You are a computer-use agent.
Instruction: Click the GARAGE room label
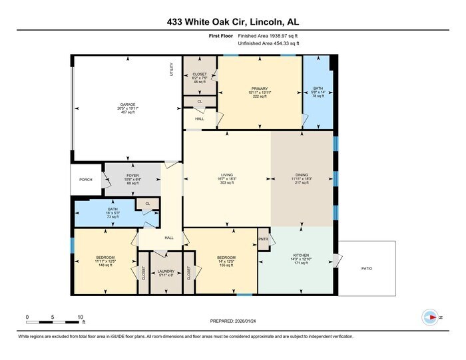point(127,104)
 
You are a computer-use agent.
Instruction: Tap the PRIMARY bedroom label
point(259,87)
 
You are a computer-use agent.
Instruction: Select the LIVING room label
point(227,174)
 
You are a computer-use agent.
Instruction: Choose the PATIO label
point(367,268)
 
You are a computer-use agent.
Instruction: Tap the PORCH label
point(86,179)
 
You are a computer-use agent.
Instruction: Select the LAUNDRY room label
point(166,271)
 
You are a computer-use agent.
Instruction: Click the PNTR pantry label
point(263,238)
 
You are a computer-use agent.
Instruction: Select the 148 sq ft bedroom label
point(105,258)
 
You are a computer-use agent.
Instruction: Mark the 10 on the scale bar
point(81,316)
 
